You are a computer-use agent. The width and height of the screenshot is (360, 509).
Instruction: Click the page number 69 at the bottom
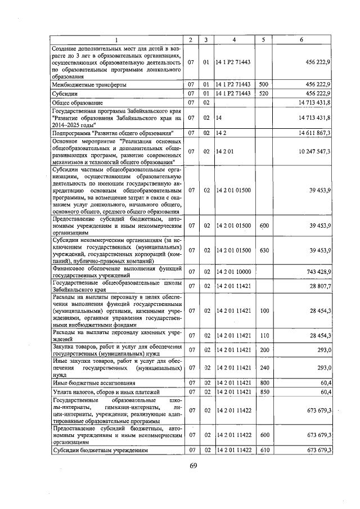coord(193,465)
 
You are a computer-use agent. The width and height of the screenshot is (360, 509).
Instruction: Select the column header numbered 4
coord(234,39)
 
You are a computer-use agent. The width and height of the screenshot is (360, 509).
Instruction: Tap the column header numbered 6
coord(302,39)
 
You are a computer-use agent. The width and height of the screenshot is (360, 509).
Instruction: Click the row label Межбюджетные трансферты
coord(89,84)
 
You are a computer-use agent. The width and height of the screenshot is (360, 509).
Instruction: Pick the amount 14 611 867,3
coord(310,133)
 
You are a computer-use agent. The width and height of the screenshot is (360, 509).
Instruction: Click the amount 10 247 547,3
coord(310,152)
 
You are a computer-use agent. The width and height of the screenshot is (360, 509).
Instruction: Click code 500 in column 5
coord(263,84)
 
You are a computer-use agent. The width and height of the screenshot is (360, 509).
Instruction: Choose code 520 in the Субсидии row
coord(263,93)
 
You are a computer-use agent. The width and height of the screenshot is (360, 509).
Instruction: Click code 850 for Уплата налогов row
coord(263,391)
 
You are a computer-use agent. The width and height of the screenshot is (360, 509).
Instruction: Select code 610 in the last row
coord(263,451)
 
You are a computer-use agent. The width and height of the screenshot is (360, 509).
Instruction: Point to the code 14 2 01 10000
coord(233,272)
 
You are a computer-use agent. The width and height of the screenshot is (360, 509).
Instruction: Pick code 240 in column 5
coord(263,367)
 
